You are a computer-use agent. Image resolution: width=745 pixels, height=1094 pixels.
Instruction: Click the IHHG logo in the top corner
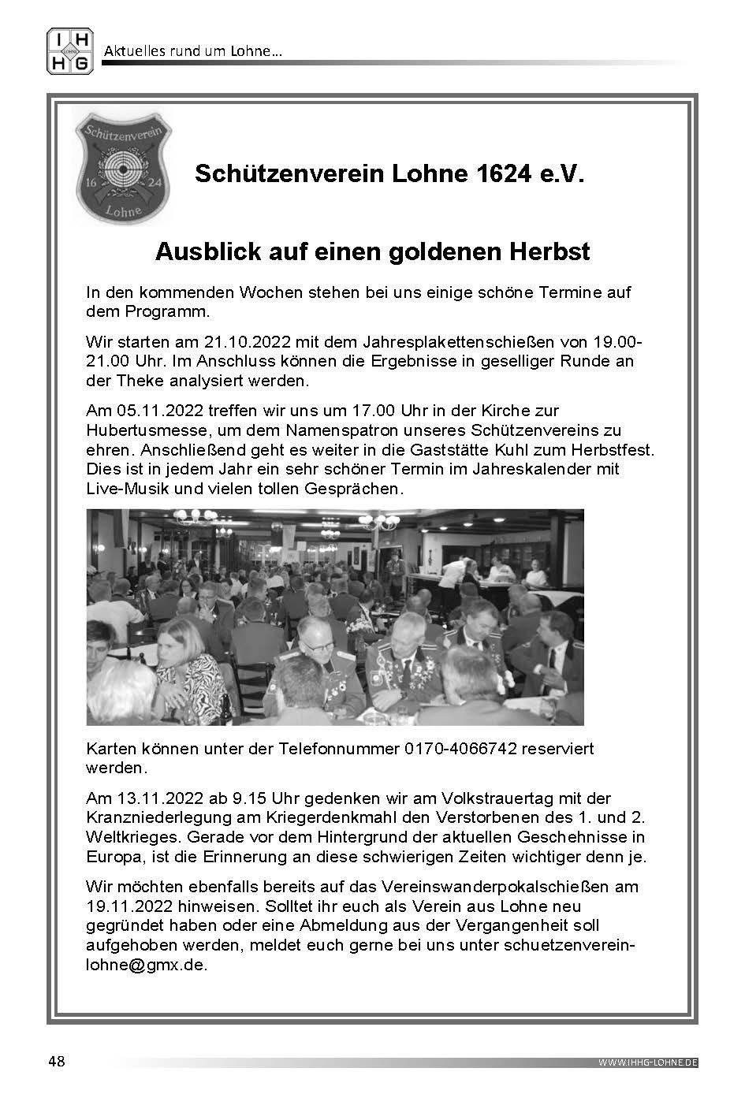click(70, 51)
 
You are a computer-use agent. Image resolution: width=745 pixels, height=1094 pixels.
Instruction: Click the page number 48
click(56, 1061)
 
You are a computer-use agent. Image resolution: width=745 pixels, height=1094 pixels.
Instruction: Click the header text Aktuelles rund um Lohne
click(193, 52)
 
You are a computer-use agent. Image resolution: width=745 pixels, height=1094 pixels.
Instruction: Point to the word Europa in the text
click(112, 856)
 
